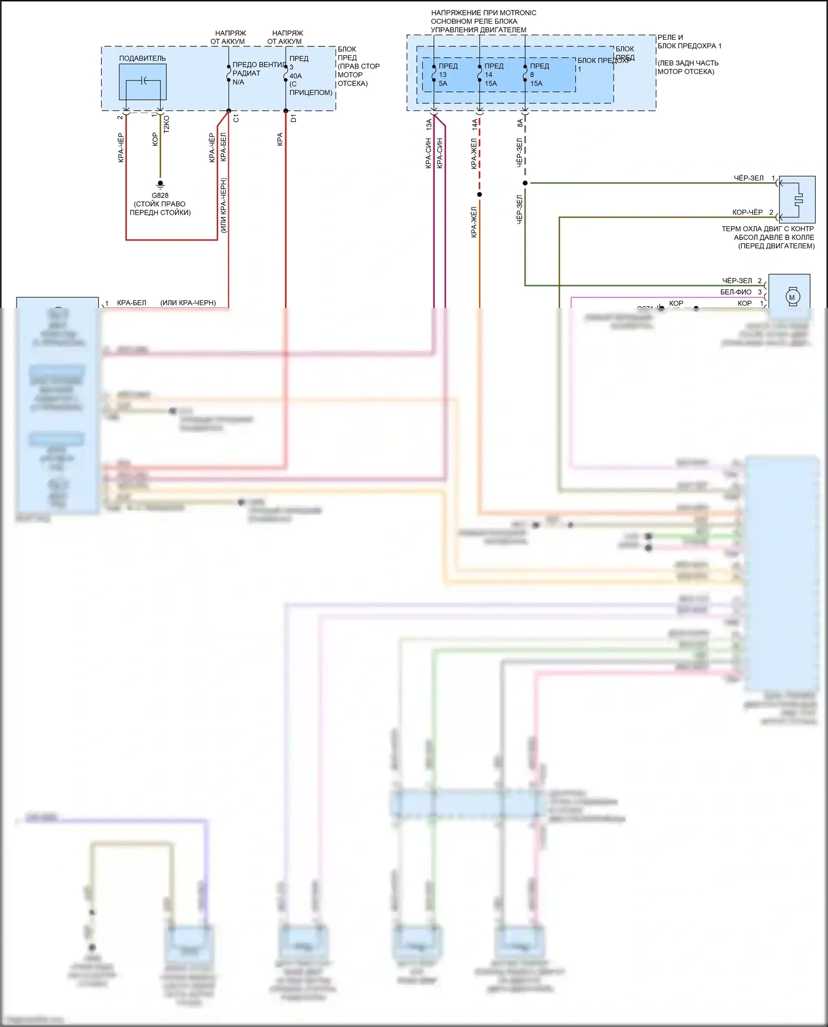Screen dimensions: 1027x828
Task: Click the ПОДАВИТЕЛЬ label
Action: pyautogui.click(x=142, y=58)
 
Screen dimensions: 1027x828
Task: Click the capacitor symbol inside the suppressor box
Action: pyautogui.click(x=144, y=81)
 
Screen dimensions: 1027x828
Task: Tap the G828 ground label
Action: pyautogui.click(x=160, y=195)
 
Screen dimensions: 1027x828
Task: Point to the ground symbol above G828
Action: pyautogui.click(x=160, y=184)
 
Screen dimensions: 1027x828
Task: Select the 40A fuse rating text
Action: pyautogui.click(x=296, y=76)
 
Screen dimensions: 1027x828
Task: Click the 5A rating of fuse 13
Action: pyautogui.click(x=443, y=84)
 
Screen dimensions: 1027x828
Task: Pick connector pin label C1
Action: pyautogui.click(x=236, y=119)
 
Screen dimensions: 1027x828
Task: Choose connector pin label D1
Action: pyautogui.click(x=294, y=119)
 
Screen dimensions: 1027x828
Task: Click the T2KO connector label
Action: pyautogui.click(x=167, y=124)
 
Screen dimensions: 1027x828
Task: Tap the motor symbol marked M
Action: pyautogui.click(x=792, y=297)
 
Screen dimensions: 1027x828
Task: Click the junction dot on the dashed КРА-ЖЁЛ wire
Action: pyautogui.click(x=479, y=194)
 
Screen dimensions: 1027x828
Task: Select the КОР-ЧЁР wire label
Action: pyautogui.click(x=747, y=212)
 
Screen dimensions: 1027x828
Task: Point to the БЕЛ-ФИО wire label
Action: pyautogui.click(x=736, y=292)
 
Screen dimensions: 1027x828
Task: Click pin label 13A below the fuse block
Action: pyautogui.click(x=429, y=125)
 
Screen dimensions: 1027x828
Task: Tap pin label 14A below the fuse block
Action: pyautogui.click(x=475, y=125)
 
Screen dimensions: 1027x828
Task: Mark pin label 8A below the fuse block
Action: pyautogui.click(x=520, y=123)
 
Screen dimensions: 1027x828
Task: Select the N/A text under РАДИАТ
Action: pyautogui.click(x=238, y=82)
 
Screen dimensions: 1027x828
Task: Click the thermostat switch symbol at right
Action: pyautogui.click(x=798, y=199)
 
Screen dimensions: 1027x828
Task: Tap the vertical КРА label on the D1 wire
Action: pyautogui.click(x=280, y=139)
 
